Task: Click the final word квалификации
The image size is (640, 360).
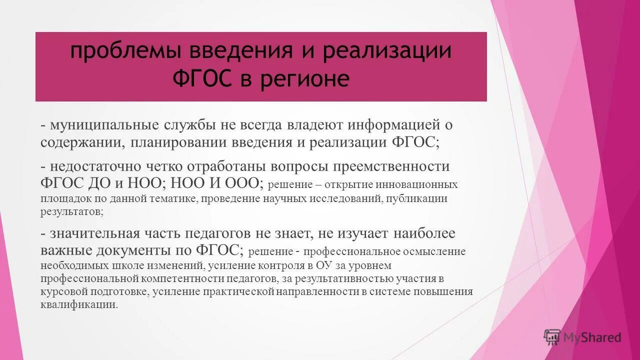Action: [79, 305]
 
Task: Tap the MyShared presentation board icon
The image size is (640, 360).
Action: [552, 337]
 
